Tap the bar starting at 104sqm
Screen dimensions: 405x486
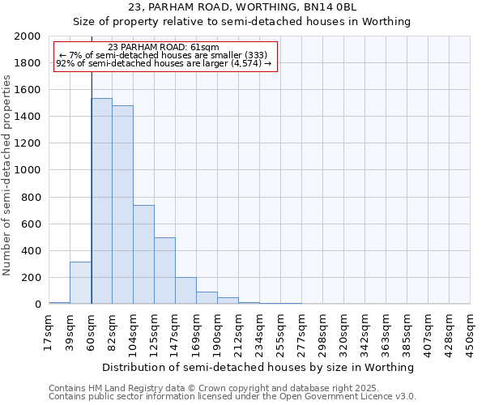144,254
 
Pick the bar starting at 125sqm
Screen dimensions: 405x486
165,271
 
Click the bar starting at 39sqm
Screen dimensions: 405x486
81,283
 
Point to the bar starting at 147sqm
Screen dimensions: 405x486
186,291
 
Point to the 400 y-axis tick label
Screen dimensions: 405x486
32,251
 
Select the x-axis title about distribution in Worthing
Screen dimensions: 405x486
259,367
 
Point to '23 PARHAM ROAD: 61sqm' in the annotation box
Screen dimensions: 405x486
163,48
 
